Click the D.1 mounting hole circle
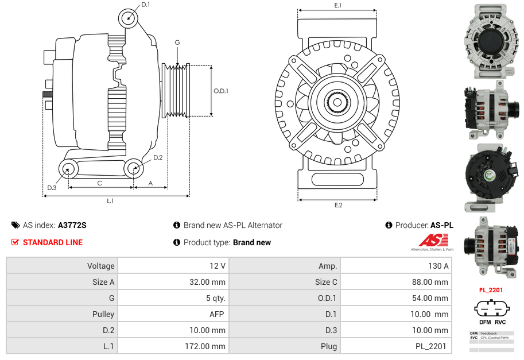click(129, 18)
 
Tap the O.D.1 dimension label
click(221, 91)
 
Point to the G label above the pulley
click(177, 42)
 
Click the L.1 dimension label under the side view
click(110, 200)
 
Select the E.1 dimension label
click(337, 5)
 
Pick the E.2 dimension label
click(338, 205)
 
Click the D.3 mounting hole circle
click(68, 169)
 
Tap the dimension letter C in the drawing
click(99, 183)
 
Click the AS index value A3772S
click(72, 225)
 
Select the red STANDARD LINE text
click(53, 242)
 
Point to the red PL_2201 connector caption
click(491, 290)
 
